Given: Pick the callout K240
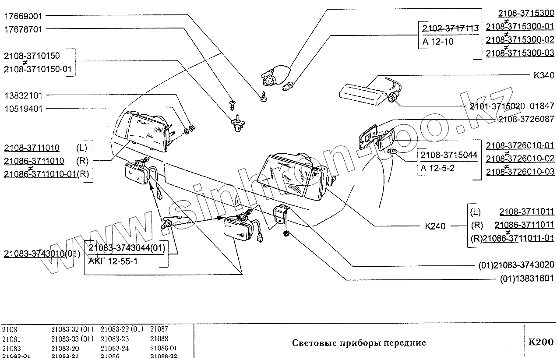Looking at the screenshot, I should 435,226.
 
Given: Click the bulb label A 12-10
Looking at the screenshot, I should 438,42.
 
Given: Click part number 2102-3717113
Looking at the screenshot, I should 450,28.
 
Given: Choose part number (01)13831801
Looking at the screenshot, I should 527,278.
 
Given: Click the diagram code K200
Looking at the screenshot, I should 541,342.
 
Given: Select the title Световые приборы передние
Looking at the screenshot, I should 359,342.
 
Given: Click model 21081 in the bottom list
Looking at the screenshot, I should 11,339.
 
